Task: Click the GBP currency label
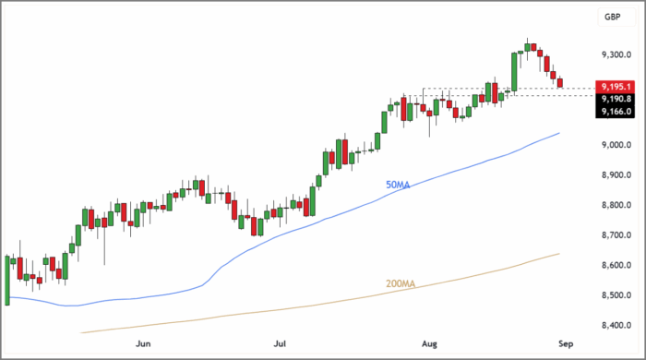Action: [x=611, y=17]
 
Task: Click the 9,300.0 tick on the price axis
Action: [x=615, y=55]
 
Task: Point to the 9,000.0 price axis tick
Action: [x=615, y=146]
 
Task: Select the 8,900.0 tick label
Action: [x=615, y=175]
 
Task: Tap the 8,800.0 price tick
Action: [x=615, y=206]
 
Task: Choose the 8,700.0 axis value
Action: [x=615, y=235]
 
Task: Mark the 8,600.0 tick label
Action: [x=615, y=266]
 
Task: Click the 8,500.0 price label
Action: [x=615, y=295]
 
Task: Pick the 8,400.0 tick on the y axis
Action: [x=615, y=326]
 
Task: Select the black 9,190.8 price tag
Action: [x=615, y=99]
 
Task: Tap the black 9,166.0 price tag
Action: [x=615, y=112]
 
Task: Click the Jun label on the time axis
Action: [x=143, y=343]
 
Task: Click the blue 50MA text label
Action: [x=397, y=185]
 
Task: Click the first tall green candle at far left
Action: [x=7, y=280]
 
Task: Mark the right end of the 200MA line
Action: [x=559, y=254]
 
